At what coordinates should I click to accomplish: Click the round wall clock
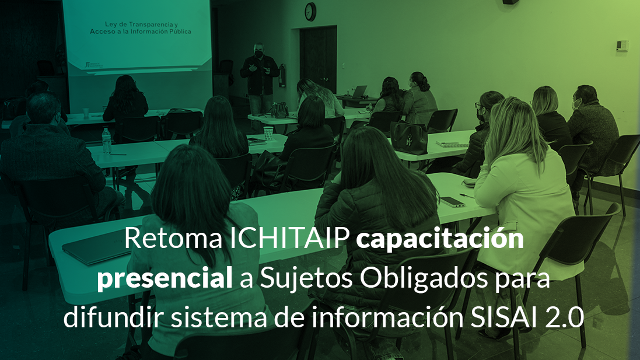310,12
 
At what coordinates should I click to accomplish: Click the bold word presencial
165,279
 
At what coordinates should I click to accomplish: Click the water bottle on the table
106,141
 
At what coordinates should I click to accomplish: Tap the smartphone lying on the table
452,202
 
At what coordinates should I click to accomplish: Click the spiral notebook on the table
452,144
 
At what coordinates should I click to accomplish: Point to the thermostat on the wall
622,46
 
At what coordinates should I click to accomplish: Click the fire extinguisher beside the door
282,76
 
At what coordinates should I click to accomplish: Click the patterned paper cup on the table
268,134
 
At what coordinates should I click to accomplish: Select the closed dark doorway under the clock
318,60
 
